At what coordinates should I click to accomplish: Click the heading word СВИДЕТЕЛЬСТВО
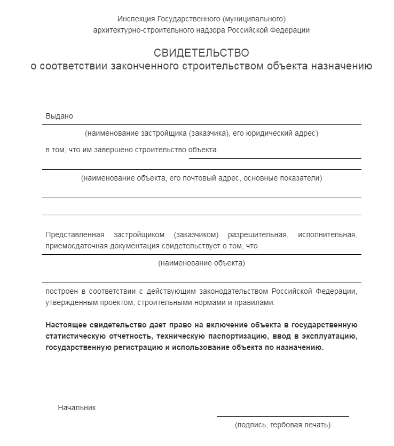tap(201, 53)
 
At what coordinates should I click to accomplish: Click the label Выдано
tap(59, 116)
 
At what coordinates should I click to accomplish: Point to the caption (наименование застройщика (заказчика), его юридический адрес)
tap(201, 133)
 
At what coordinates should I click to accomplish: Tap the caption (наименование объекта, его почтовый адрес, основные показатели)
tap(201, 178)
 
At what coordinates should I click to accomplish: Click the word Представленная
tap(72, 234)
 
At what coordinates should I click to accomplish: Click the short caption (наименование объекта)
tap(201, 263)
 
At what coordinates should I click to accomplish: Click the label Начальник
tap(77, 408)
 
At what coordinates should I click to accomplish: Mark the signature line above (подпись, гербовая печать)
tap(282, 416)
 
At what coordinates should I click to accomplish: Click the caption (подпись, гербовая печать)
tap(282, 425)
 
